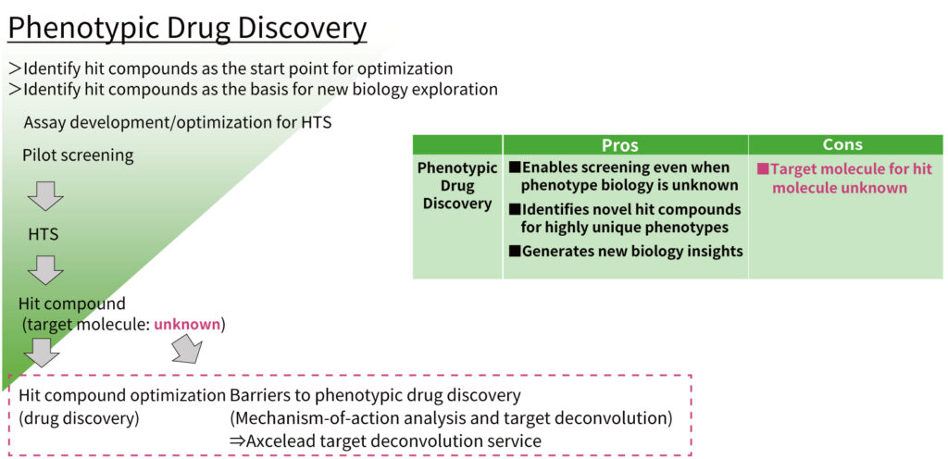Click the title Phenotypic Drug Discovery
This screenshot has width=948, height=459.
[x=187, y=28]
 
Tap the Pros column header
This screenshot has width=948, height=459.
[x=619, y=145]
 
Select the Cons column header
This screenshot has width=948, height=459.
[x=842, y=144]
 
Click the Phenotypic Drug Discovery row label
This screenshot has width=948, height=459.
[x=457, y=185]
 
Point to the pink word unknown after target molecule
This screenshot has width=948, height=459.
[x=187, y=325]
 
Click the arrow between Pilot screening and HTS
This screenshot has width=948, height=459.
[x=45, y=195]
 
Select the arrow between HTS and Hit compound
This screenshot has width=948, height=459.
[x=45, y=269]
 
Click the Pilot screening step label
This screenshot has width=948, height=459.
[x=78, y=155]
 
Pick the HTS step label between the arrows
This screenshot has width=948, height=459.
[x=43, y=234]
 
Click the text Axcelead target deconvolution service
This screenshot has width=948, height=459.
[x=393, y=440]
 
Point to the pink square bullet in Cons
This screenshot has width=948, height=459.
[x=763, y=169]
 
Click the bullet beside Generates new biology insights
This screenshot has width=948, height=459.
[x=515, y=251]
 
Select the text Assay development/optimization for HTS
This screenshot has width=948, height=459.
[x=178, y=122]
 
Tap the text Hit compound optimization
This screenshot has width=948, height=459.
[x=121, y=395]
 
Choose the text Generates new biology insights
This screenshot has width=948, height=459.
[x=632, y=251]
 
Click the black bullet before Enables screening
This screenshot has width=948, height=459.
[x=515, y=167]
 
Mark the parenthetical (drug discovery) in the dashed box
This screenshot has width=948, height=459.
[x=79, y=418]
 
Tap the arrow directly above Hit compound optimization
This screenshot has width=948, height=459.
[x=41, y=353]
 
